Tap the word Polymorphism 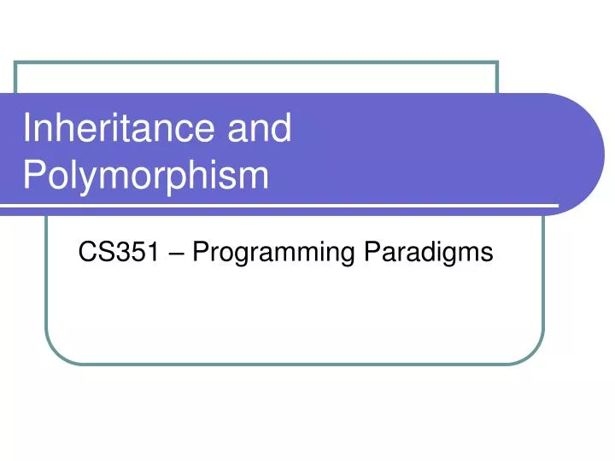click(x=145, y=176)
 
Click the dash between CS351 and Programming click(x=171, y=253)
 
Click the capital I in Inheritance click(x=27, y=128)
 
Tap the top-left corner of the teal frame click(x=17, y=62)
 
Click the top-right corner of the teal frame click(x=497, y=62)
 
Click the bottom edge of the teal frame click(x=295, y=365)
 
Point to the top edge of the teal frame click(x=256, y=62)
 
